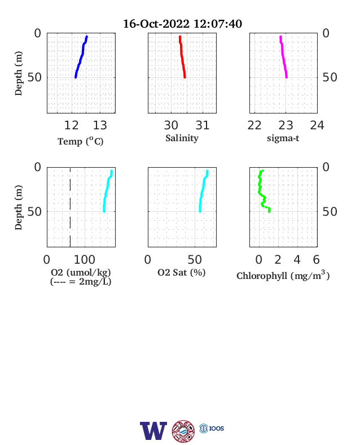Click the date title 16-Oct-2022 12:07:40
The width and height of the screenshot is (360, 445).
183,24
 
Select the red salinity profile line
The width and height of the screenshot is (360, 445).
182,57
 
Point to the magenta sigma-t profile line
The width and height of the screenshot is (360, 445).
283,57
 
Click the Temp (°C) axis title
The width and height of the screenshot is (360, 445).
81,141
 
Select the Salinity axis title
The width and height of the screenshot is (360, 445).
182,138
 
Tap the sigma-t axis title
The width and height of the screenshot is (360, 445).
283,138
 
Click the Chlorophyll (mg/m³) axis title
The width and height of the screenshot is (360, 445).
283,276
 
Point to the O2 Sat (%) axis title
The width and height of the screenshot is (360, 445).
182,272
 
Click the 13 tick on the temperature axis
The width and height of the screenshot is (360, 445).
100,125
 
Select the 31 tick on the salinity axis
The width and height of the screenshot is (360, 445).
203,125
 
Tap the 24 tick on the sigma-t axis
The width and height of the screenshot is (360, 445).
317,125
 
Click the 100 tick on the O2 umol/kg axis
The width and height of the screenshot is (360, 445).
85,259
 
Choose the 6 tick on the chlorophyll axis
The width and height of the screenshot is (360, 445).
317,259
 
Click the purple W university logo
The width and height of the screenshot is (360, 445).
153,431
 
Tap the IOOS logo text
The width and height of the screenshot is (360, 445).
217,428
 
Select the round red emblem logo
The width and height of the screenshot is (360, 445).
183,431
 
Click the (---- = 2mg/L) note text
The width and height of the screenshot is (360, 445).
81,282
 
